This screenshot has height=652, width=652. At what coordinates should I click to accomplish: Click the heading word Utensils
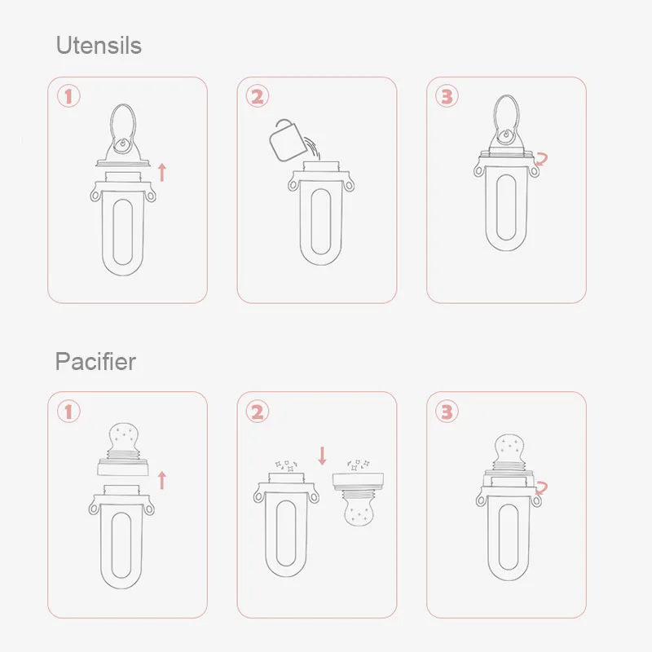(99, 45)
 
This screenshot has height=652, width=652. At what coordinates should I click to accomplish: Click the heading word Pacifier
(95, 361)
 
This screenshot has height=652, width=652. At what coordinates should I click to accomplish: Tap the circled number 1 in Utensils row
(68, 97)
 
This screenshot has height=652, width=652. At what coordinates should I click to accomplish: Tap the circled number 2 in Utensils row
(258, 97)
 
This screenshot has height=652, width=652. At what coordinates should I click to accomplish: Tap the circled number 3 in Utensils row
(447, 97)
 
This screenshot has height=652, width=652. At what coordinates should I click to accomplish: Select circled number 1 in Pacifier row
(68, 412)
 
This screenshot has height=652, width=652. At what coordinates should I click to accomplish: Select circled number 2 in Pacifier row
(258, 412)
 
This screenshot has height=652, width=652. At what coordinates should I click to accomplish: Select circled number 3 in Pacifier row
(447, 412)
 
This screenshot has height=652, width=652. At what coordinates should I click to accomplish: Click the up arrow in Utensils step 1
(161, 171)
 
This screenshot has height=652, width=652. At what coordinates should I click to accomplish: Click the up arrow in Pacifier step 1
(161, 480)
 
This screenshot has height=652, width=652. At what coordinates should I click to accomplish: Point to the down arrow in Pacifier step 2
(321, 454)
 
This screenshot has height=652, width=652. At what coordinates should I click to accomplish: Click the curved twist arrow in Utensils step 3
(540, 160)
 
